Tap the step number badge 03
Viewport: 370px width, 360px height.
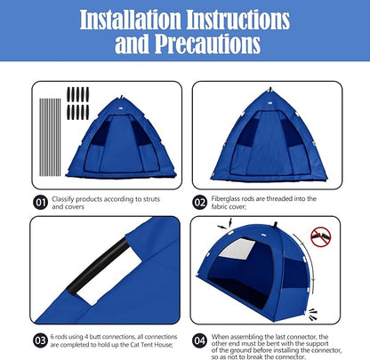click(x=40, y=339)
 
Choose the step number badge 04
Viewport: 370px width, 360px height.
click(x=199, y=339)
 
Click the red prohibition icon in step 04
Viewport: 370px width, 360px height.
click(x=320, y=237)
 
